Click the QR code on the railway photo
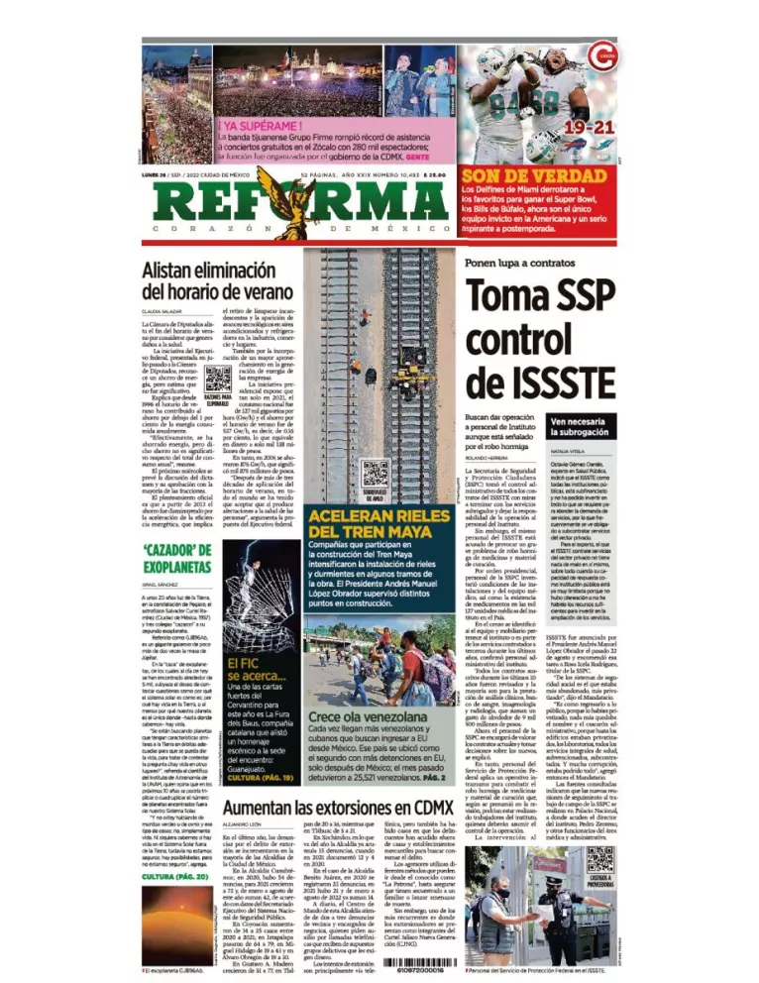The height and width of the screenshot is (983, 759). coord(372,472)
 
